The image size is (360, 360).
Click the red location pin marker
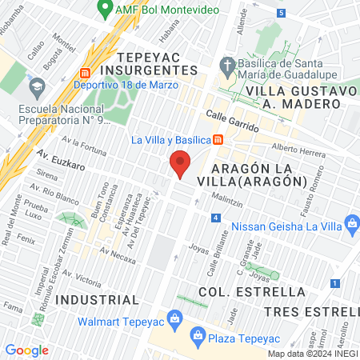click(180, 165)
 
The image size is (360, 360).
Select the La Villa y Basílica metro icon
click(218, 140)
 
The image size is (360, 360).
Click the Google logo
click(26, 350)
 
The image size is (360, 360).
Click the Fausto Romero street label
click(314, 186)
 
